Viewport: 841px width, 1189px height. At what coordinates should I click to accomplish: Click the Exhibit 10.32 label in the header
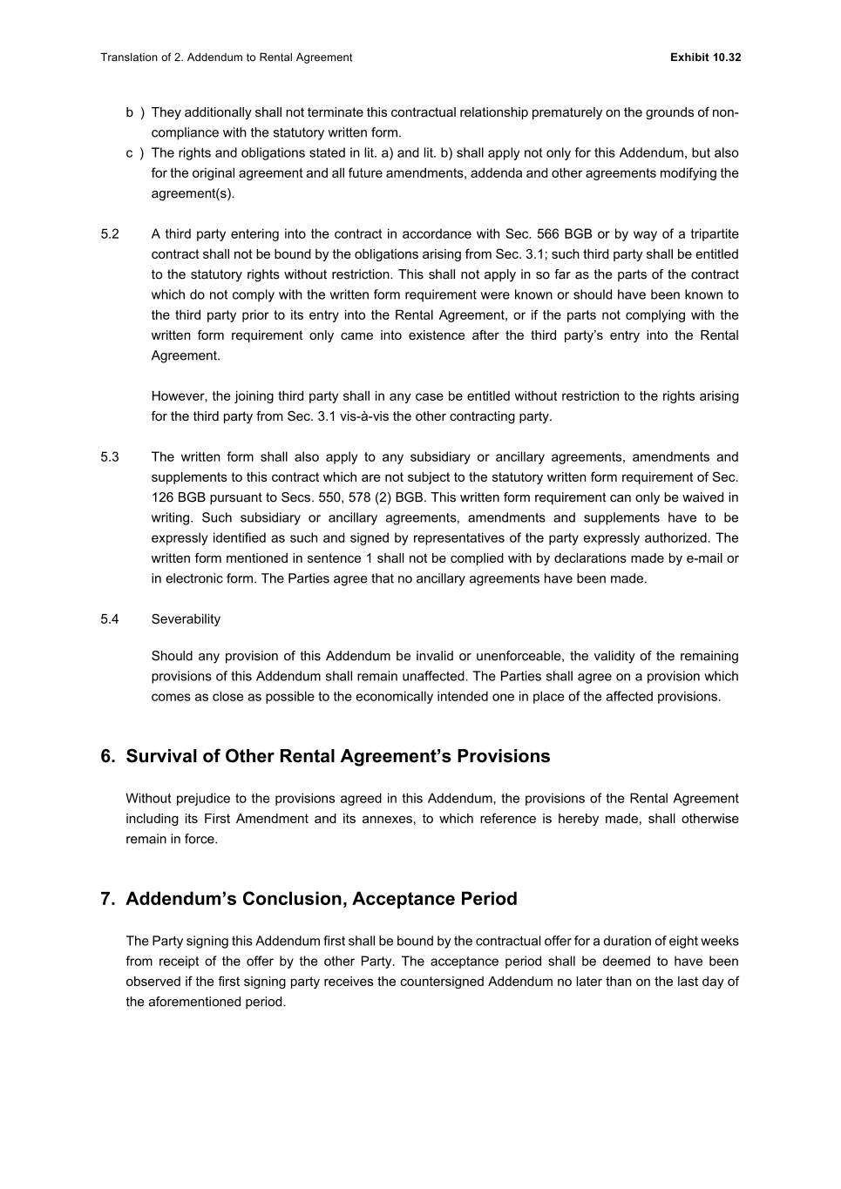pyautogui.click(x=705, y=57)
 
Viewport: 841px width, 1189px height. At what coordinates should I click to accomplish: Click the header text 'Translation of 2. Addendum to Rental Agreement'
pyautogui.click(x=226, y=57)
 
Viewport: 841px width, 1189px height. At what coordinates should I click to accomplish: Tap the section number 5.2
pyautogui.click(x=110, y=234)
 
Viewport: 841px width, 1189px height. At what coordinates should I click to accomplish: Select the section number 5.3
pyautogui.click(x=110, y=457)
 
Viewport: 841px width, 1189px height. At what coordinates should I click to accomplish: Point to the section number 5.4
pyautogui.click(x=110, y=619)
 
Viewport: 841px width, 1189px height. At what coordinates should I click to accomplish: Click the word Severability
pyautogui.click(x=186, y=619)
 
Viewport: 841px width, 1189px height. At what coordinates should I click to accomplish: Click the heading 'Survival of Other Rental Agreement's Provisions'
pyautogui.click(x=337, y=756)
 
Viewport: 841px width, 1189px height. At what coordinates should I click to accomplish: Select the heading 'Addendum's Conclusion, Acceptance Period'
pyautogui.click(x=321, y=899)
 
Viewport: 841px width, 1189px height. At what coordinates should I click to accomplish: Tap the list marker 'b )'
pyautogui.click(x=134, y=112)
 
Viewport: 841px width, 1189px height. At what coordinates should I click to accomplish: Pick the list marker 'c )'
pyautogui.click(x=134, y=153)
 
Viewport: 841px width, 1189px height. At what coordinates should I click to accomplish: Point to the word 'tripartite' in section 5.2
pyautogui.click(x=714, y=234)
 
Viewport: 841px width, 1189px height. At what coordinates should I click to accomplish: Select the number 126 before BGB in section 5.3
pyautogui.click(x=162, y=497)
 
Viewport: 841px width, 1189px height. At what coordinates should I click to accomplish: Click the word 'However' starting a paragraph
pyautogui.click(x=177, y=396)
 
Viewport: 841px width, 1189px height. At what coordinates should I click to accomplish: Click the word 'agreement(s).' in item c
pyautogui.click(x=193, y=193)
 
